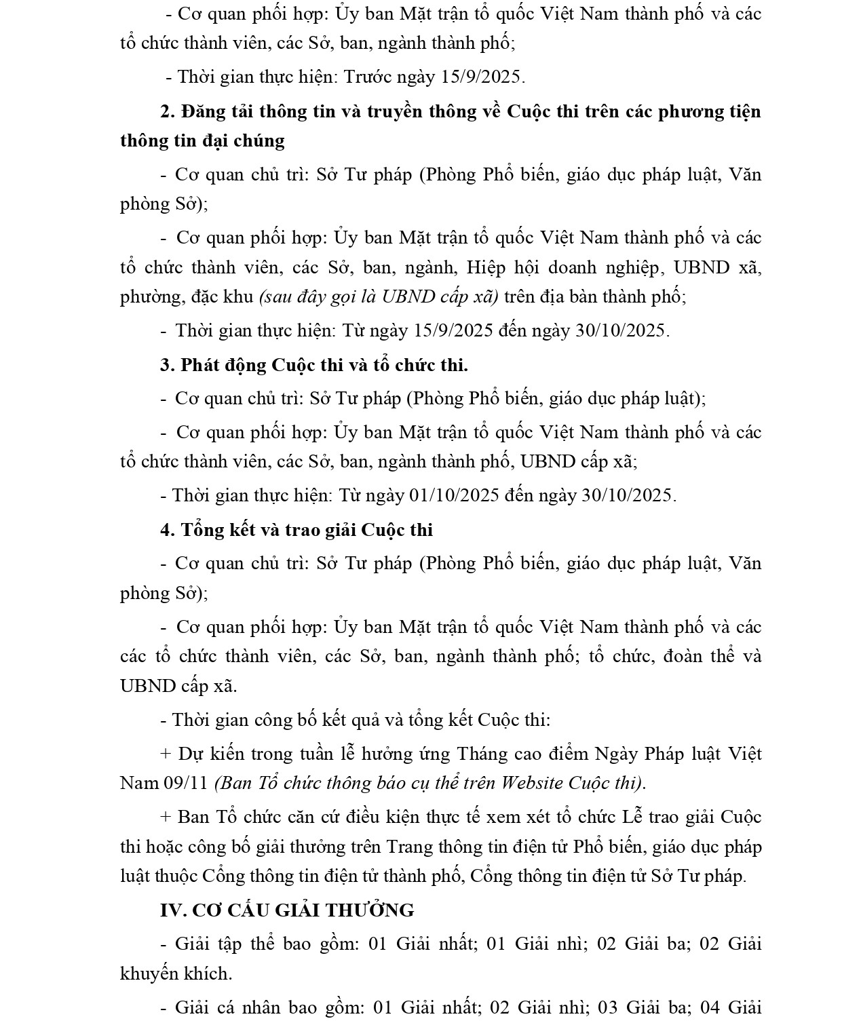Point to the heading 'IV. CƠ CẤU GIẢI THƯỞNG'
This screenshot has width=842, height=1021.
(x=287, y=910)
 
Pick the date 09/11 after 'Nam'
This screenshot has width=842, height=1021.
(x=185, y=783)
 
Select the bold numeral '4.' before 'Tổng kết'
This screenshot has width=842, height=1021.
(x=168, y=530)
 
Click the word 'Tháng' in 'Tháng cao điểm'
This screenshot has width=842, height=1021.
(x=482, y=754)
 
